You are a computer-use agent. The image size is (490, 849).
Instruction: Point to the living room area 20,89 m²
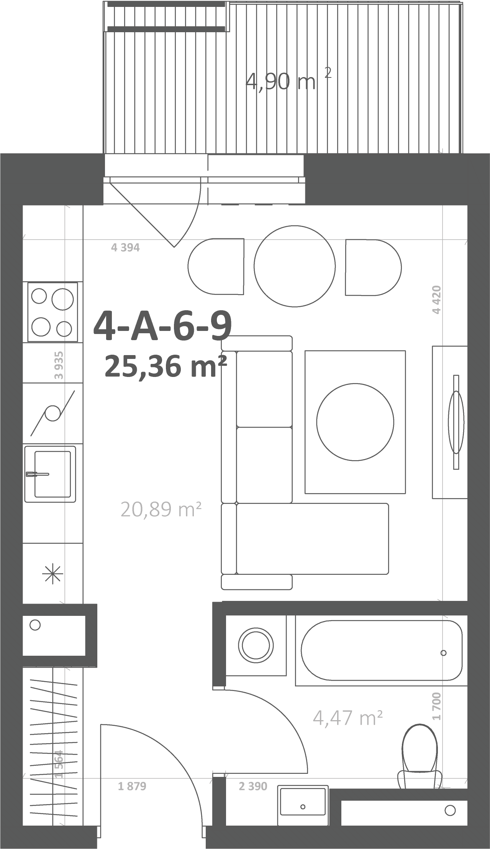pos(161,510)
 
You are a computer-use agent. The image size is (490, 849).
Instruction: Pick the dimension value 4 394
pos(125,248)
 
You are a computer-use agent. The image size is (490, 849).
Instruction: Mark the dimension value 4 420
pos(437,300)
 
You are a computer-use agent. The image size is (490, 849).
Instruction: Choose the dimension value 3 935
pos(59,365)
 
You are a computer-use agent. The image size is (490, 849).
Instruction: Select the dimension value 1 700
pos(437,706)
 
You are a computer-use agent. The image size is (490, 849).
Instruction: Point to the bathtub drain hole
pos(444,653)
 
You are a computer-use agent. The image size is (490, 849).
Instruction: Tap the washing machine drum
pos(256,645)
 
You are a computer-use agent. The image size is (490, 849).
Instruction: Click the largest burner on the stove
pos(62,299)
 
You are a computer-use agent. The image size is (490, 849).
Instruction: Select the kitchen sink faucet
pos(38,474)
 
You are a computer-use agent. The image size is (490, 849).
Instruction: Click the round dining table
pos(295,266)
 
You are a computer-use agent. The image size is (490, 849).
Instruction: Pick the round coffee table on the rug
pos(355,422)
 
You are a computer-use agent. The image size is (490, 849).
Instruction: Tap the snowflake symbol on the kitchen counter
pos(53,574)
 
